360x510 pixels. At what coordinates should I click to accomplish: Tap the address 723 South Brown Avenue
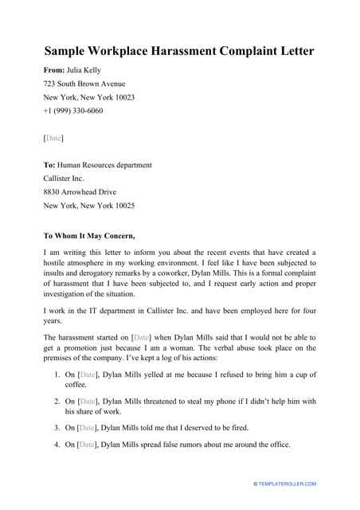84,83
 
